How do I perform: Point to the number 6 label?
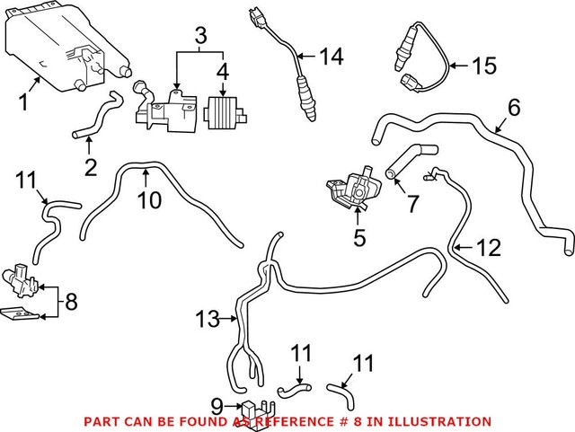pos(513,108)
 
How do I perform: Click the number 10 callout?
pos(149,199)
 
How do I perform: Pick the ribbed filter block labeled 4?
pos(226,114)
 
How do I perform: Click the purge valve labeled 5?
pos(352,186)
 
